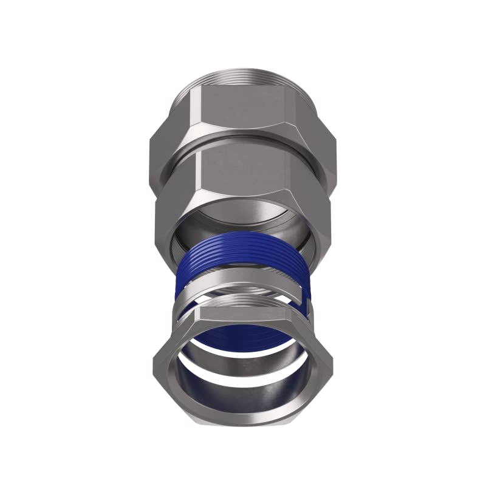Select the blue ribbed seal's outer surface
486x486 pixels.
coord(243,258)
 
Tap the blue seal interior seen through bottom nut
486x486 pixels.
coord(243,337)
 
